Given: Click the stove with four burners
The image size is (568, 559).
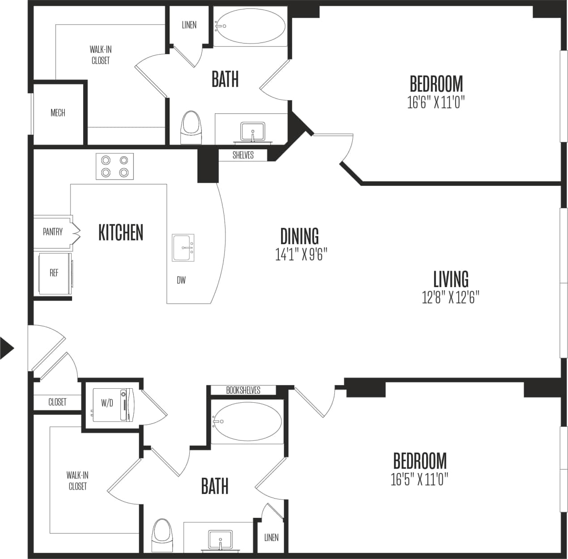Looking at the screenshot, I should click(115, 166).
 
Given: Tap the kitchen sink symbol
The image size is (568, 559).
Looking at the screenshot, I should click(184, 248).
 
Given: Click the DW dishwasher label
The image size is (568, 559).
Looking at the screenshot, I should click(181, 280).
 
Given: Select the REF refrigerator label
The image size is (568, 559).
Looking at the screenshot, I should click(54, 272).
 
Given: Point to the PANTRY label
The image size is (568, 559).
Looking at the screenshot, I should click(53, 232).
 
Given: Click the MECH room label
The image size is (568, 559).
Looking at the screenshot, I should click(58, 113).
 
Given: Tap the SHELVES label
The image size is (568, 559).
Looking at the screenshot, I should click(243, 155).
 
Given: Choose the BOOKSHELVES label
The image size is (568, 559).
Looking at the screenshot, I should click(243, 390).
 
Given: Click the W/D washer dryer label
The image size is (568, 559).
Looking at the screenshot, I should click(107, 403).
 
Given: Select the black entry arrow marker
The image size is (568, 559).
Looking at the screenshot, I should click(6, 348).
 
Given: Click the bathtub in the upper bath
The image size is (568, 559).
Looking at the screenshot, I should click(250, 26).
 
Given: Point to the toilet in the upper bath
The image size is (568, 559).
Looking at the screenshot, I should click(191, 127).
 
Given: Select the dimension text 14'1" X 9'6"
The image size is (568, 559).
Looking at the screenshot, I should click(301, 255).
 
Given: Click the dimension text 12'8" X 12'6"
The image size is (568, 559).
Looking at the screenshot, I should click(450, 297).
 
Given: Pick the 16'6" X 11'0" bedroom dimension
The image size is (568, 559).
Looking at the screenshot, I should click(436, 103).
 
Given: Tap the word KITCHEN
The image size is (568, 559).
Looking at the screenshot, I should click(121, 233).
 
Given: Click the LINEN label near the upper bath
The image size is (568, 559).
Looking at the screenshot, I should click(189, 25).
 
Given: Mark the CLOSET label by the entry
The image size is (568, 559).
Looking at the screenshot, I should click(57, 402).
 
